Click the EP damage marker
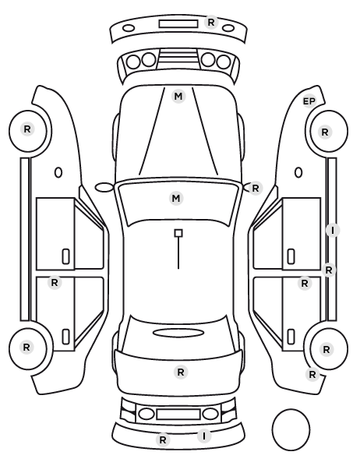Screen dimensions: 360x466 pyautogui.click(x=309, y=101)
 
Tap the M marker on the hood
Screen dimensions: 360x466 pyautogui.click(x=178, y=97)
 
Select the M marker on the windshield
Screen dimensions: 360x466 pyautogui.click(x=176, y=198)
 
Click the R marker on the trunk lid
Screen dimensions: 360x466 pyautogui.click(x=181, y=372)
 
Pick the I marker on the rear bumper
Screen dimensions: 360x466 pyautogui.click(x=204, y=436)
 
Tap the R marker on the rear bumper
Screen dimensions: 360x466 pyautogui.click(x=163, y=440)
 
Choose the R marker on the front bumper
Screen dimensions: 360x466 pyautogui.click(x=211, y=23)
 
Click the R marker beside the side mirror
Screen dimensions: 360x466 pyautogui.click(x=256, y=188)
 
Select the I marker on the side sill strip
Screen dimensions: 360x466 pyautogui.click(x=333, y=231)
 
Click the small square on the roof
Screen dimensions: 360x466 pyautogui.click(x=178, y=233)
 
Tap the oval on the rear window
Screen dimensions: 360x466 pyautogui.click(x=178, y=333)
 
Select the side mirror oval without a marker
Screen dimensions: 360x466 pyautogui.click(x=104, y=188)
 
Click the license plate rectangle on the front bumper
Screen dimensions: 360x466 pyautogui.click(x=178, y=24)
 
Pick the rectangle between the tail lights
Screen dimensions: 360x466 pyautogui.click(x=178, y=414)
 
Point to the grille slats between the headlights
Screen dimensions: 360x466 pyautogui.click(x=178, y=58)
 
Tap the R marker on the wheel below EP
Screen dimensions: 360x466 pyautogui.click(x=325, y=132)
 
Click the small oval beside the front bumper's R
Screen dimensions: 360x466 pyautogui.click(x=228, y=28)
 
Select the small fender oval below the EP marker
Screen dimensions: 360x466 pyautogui.click(x=298, y=172)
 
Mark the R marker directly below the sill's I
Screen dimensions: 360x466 pyautogui.click(x=329, y=270)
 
